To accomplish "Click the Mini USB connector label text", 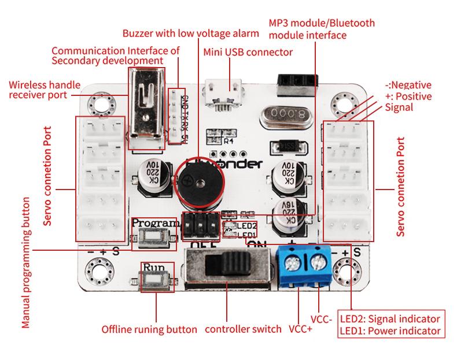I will click(x=248, y=52).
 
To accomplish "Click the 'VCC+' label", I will click(x=300, y=329).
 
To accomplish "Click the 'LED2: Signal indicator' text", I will click(x=390, y=318).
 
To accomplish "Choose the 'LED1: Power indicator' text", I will click(x=390, y=331).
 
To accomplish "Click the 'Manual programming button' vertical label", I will click(x=25, y=262).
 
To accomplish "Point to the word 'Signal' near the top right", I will click(x=399, y=107).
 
